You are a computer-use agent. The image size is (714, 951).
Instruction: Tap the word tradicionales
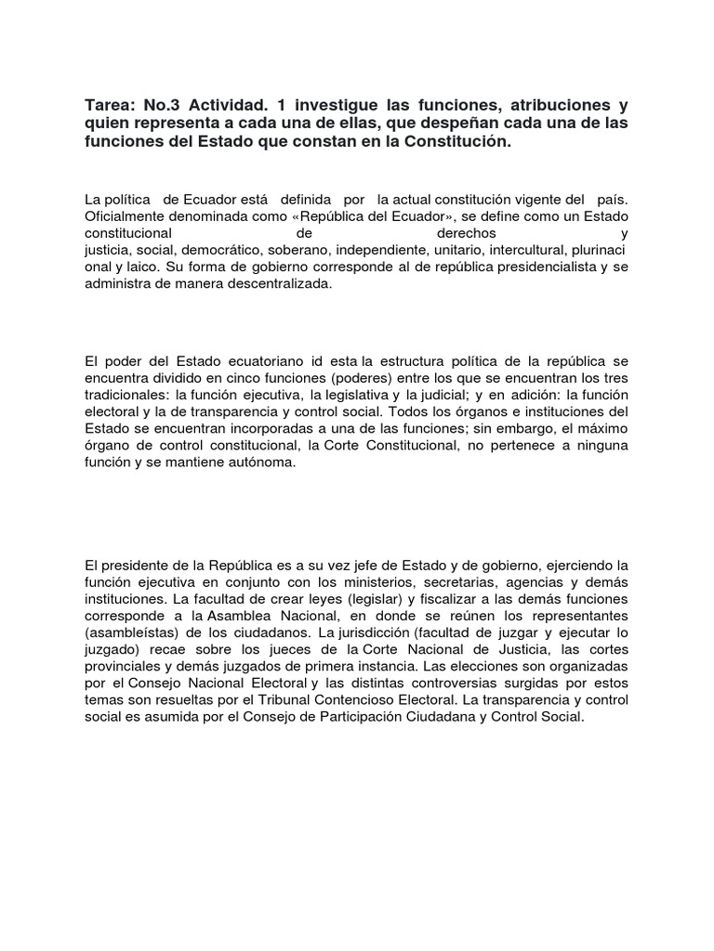(126, 394)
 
